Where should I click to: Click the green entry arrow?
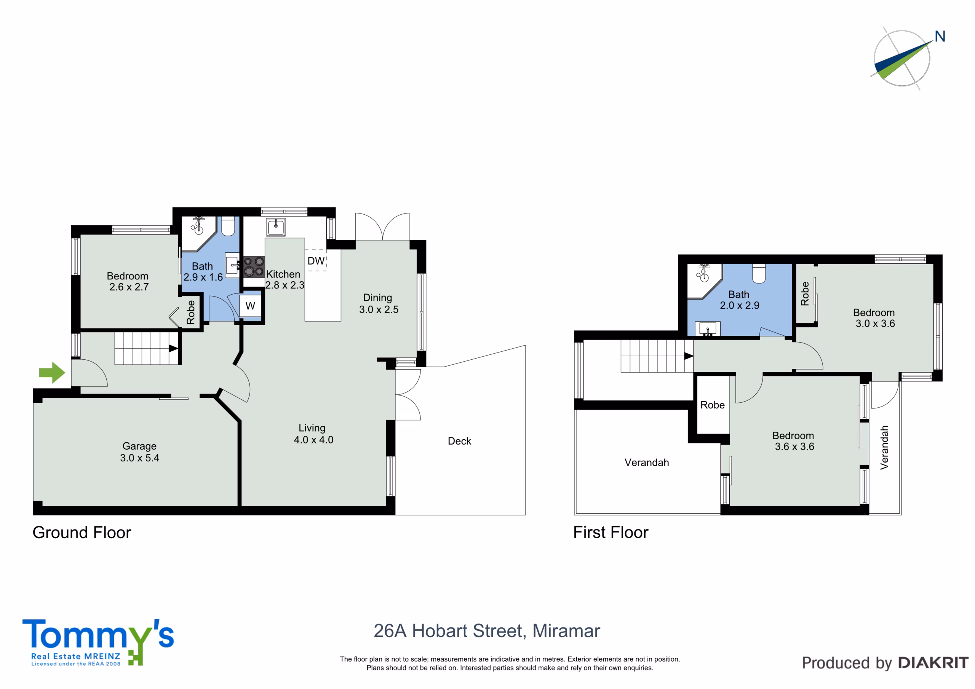(52, 373)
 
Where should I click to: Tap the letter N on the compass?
(940, 37)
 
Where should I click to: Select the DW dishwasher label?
(316, 261)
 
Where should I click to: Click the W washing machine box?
(250, 306)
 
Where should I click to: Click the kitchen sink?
(276, 227)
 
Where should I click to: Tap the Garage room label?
(139, 446)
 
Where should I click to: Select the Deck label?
(459, 441)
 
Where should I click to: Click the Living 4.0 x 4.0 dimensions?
(314, 440)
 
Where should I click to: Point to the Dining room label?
(377, 298)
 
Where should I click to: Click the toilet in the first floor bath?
(759, 273)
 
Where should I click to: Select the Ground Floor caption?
(82, 532)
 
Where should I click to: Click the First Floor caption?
(611, 532)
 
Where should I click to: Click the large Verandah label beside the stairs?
(647, 462)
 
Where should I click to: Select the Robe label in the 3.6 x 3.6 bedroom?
(713, 405)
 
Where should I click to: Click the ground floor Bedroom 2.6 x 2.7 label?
(128, 281)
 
